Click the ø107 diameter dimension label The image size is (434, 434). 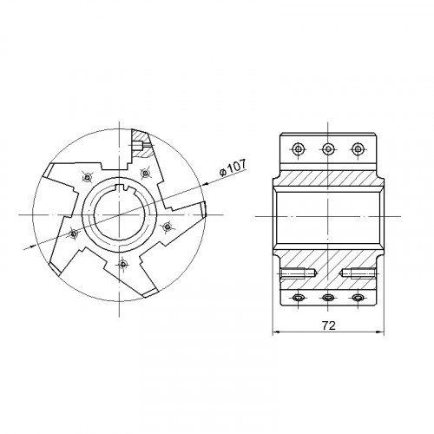233,168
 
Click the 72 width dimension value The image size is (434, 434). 329,325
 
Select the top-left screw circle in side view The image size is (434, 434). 298,149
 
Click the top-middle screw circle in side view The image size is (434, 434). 327,149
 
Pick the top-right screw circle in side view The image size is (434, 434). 358,149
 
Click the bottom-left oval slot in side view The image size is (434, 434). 298,297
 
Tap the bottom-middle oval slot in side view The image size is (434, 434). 328,297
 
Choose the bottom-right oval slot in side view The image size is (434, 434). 358,297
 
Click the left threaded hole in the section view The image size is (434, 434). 299,273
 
